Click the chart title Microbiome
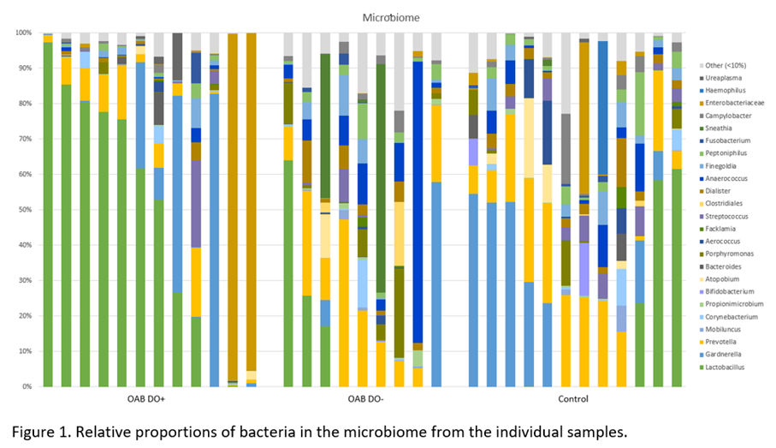pyautogui.click(x=391, y=18)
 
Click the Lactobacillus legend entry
pyautogui.click(x=721, y=367)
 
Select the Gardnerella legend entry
pyautogui.click(x=720, y=355)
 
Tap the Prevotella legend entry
pyautogui.click(x=718, y=342)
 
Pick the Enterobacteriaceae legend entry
pyautogui.click(x=732, y=103)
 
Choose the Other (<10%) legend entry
pyautogui.click(x=723, y=65)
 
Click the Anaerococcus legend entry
pyautogui.click(x=723, y=178)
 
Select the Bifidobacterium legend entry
pyautogui.click(x=726, y=291)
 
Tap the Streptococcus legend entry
pyautogui.click(x=724, y=216)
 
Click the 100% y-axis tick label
pyautogui.click(x=23, y=33)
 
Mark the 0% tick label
pyautogui.click(x=27, y=386)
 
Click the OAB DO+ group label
pyautogui.click(x=146, y=399)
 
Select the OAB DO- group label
pyautogui.click(x=365, y=399)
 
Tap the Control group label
pyautogui.click(x=573, y=399)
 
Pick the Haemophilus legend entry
pyautogui.click(x=722, y=90)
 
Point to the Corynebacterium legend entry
pyautogui.click(x=728, y=317)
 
